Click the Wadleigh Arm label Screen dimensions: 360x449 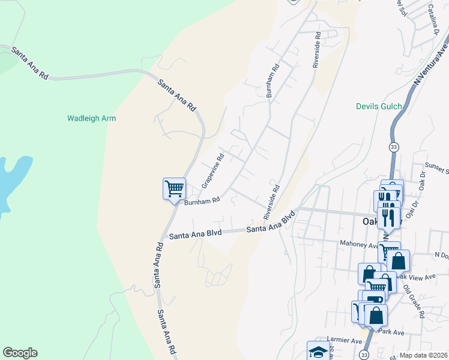pos(91,118)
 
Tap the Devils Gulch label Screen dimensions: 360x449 pos(378,106)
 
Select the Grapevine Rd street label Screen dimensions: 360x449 pos(213,170)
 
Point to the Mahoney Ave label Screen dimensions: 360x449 pos(358,245)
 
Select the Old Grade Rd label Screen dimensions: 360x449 pos(414,301)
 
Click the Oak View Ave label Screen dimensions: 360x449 pos(417,277)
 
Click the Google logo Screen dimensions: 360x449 pos(20,353)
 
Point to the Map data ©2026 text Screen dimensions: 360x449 pos(423,355)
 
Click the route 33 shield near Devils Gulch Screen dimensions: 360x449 pos(393,147)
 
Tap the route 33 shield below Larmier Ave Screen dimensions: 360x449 pos(365,356)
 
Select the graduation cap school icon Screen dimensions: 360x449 pos(318,351)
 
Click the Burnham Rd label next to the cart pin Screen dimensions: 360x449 pos(202,202)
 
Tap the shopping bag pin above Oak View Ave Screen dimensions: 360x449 pos(398,260)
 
